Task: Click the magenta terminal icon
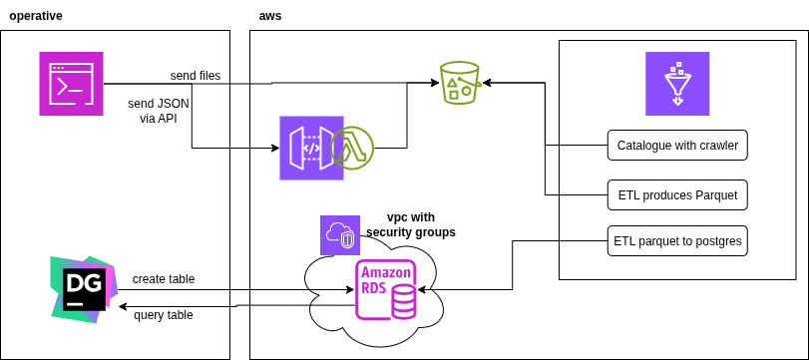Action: [x=72, y=83]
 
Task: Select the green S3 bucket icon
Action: [x=460, y=83]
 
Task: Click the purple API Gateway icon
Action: [x=311, y=148]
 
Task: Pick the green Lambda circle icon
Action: [x=352, y=148]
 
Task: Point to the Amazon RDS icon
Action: [x=387, y=290]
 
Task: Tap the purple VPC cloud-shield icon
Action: [x=340, y=235]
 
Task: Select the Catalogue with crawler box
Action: [x=676, y=146]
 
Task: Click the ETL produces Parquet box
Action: [x=676, y=195]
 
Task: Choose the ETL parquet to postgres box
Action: [x=676, y=240]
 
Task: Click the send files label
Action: [x=196, y=76]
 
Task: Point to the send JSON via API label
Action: [x=159, y=110]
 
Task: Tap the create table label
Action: [x=163, y=279]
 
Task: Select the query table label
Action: [x=163, y=315]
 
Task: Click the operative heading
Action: [x=36, y=16]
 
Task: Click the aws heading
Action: [x=269, y=16]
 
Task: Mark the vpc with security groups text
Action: [x=411, y=224]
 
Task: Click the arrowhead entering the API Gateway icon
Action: [x=275, y=149]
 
